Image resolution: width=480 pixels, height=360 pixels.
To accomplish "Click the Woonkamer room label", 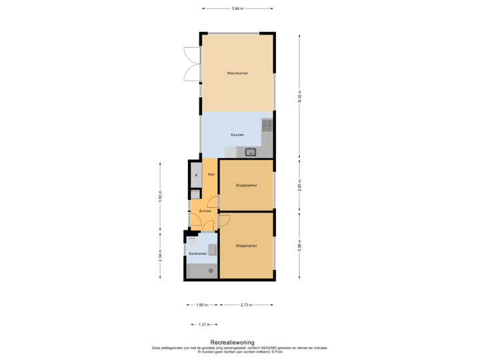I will [x=237, y=73].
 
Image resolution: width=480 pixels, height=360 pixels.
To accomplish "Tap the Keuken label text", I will [x=237, y=135].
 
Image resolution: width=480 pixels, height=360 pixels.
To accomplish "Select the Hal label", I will [x=211, y=174].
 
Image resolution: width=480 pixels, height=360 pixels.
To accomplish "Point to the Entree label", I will [x=205, y=211].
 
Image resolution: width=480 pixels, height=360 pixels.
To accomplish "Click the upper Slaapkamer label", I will [x=246, y=185].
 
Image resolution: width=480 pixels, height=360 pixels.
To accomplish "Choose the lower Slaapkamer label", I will [x=246, y=245].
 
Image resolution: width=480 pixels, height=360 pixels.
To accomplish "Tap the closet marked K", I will [x=196, y=175].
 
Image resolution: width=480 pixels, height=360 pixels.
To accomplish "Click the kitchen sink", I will [x=251, y=153].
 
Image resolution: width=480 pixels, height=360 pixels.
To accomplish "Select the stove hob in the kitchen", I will [x=267, y=124].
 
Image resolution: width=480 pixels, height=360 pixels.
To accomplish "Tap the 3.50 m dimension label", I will [x=160, y=197].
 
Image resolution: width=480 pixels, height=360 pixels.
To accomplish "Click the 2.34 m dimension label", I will [x=160, y=256].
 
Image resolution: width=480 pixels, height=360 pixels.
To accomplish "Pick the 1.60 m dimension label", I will [x=201, y=305].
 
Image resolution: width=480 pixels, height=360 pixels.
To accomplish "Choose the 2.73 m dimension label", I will [x=247, y=305].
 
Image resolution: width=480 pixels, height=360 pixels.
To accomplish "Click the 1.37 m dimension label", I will [x=205, y=325].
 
